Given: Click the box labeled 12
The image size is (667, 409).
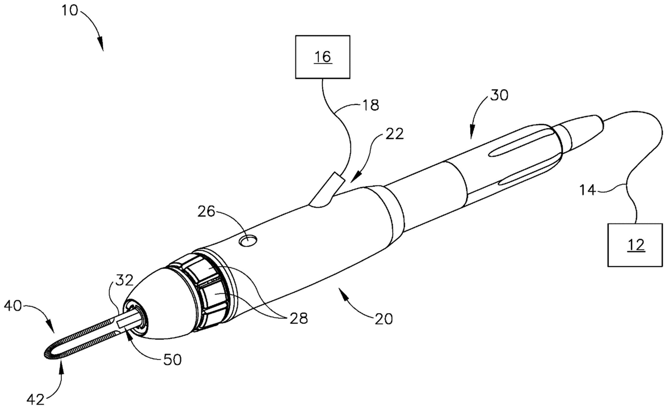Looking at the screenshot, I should [636, 245].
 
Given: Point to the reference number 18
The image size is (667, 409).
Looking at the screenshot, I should [371, 105].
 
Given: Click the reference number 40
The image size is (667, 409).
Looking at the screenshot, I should [12, 307].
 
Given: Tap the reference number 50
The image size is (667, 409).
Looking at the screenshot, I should [173, 359].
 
